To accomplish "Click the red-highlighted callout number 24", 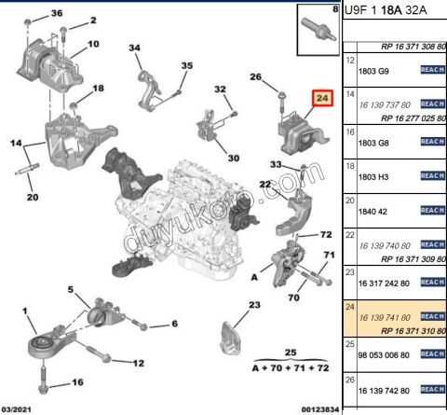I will point(322,98).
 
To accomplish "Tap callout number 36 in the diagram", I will point(57,14).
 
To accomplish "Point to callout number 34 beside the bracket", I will point(135,48).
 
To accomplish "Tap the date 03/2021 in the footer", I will point(20,408).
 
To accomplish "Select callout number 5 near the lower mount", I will point(70,291).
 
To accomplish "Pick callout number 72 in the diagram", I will point(327,234).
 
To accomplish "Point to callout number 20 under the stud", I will point(32,197).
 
